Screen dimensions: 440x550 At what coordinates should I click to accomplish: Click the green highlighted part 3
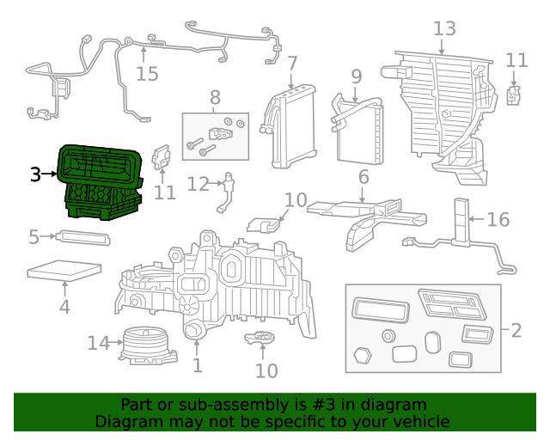point(100,180)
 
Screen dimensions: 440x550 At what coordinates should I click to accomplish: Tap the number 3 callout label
point(35,175)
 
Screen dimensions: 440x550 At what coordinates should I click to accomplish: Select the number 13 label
point(443,29)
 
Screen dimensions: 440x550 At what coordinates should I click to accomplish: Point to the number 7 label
point(292,63)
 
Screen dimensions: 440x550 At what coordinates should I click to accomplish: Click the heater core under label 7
point(293,129)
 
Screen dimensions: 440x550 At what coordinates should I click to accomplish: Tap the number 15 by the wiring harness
point(147,73)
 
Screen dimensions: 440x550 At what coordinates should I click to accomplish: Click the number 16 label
point(498,220)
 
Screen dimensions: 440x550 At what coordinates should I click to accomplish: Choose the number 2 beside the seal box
point(516,330)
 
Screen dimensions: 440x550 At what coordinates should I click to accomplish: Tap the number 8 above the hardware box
point(215,97)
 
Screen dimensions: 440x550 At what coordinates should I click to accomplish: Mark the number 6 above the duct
point(364,178)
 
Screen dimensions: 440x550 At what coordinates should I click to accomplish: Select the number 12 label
point(198,184)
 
